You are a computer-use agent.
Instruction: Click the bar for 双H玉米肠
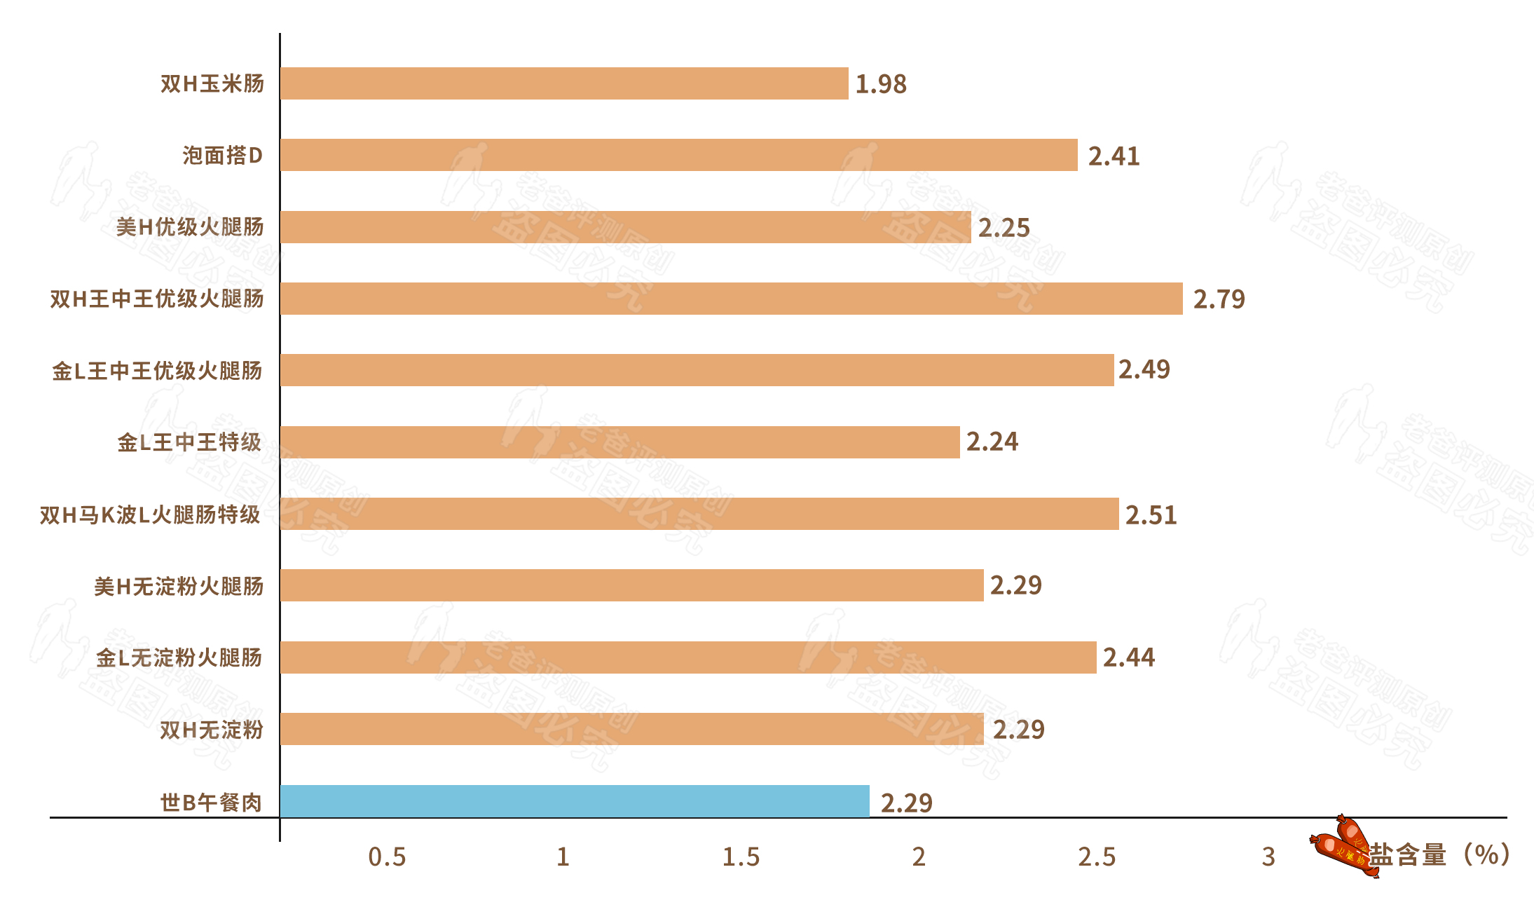pyautogui.click(x=564, y=83)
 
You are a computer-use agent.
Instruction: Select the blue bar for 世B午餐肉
pyautogui.click(x=575, y=800)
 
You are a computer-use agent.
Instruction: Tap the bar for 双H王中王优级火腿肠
pyautogui.click(x=731, y=299)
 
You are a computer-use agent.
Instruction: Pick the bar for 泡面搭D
pyautogui.click(x=678, y=155)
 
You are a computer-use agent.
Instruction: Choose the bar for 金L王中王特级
pyautogui.click(x=619, y=442)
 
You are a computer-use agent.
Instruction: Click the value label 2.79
pyautogui.click(x=1219, y=299)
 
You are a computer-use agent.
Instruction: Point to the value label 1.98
pyautogui.click(x=881, y=84)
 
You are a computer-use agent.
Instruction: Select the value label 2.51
pyautogui.click(x=1151, y=515)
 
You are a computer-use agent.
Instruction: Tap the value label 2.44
pyautogui.click(x=1128, y=657)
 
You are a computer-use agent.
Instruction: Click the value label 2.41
pyautogui.click(x=1114, y=156)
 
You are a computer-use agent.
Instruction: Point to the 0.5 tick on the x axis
pyautogui.click(x=387, y=857)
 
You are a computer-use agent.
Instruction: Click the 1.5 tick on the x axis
pyautogui.click(x=741, y=857)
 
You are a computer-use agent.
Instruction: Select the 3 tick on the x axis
pyautogui.click(x=1268, y=857)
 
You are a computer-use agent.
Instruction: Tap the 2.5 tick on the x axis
pyautogui.click(x=1096, y=857)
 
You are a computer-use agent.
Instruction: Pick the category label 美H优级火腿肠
pyautogui.click(x=190, y=227)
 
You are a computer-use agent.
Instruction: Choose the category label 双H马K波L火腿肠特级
pyautogui.click(x=150, y=515)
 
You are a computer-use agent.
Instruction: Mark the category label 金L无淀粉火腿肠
pyautogui.click(x=179, y=657)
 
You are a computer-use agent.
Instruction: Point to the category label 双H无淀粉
pyautogui.click(x=211, y=730)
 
